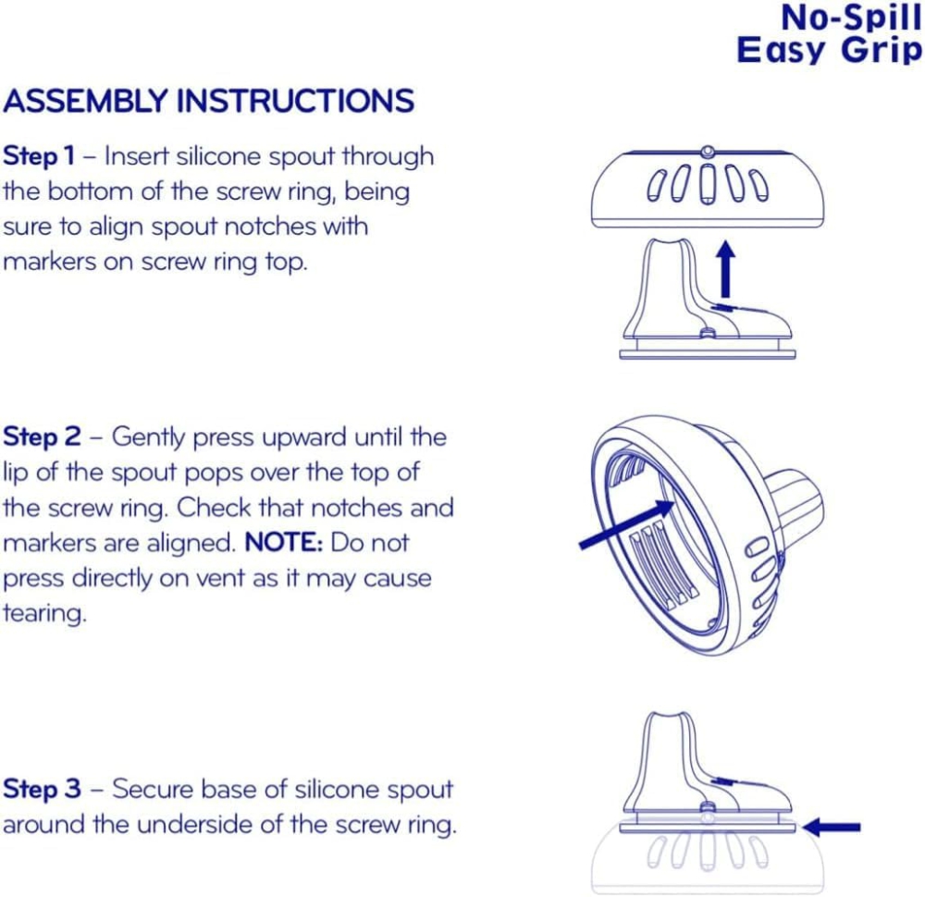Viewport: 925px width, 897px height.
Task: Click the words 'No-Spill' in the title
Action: tap(851, 18)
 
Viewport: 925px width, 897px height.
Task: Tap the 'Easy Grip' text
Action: tap(829, 50)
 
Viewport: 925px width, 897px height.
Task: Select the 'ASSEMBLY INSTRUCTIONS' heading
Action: tap(209, 101)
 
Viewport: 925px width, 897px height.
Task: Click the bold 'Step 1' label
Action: tap(39, 156)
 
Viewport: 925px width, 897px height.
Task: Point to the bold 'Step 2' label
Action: tap(42, 437)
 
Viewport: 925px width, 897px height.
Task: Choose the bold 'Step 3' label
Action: tap(42, 789)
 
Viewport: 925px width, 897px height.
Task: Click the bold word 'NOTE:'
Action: tap(284, 543)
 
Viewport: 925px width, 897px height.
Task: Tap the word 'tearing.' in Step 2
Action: tap(44, 613)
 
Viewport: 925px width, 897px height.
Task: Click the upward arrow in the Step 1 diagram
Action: tap(726, 269)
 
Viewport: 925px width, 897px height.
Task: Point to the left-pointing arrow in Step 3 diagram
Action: tap(832, 828)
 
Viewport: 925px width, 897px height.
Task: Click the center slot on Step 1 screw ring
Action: tap(708, 184)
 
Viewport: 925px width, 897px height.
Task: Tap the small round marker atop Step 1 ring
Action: tap(708, 153)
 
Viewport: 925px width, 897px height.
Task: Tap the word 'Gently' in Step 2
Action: tap(149, 438)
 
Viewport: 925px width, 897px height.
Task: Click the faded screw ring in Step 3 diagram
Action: tap(708, 861)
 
